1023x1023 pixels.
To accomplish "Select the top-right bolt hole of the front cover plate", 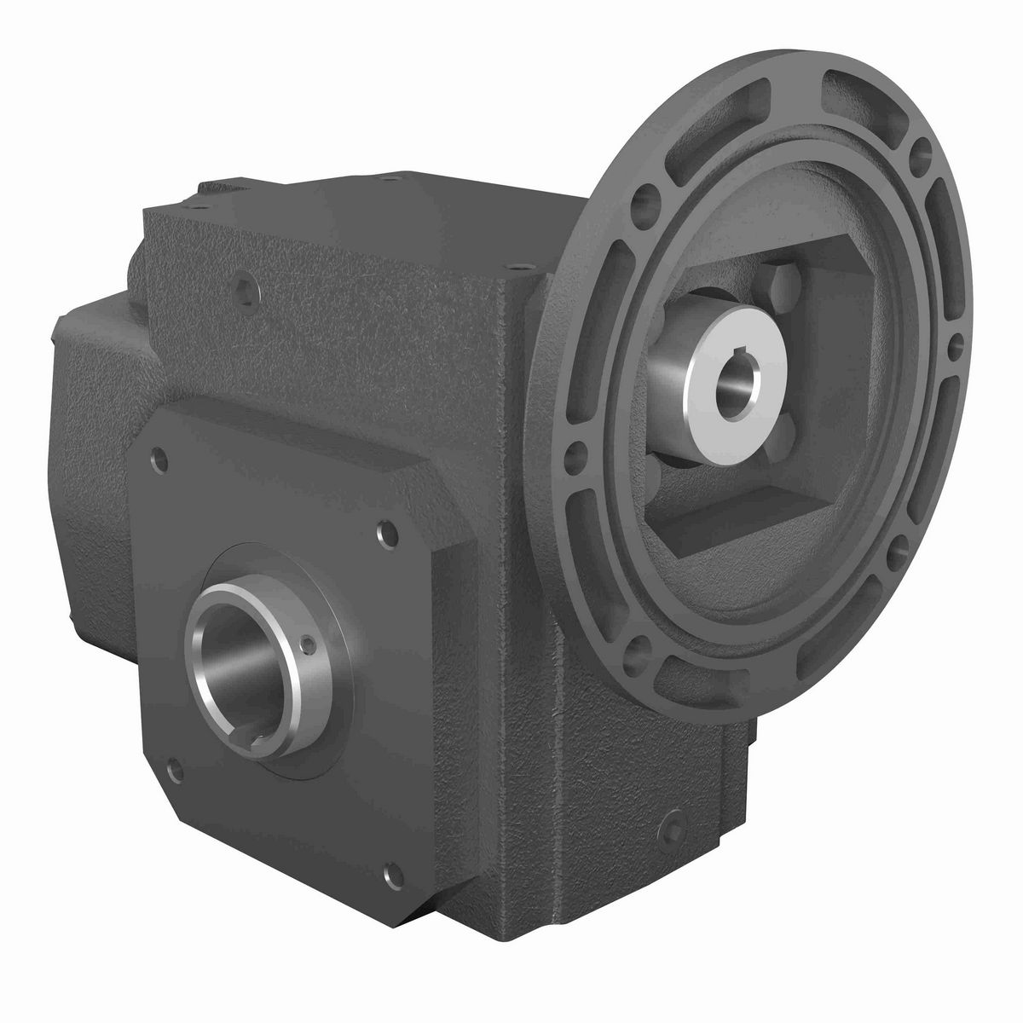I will [380, 535].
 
